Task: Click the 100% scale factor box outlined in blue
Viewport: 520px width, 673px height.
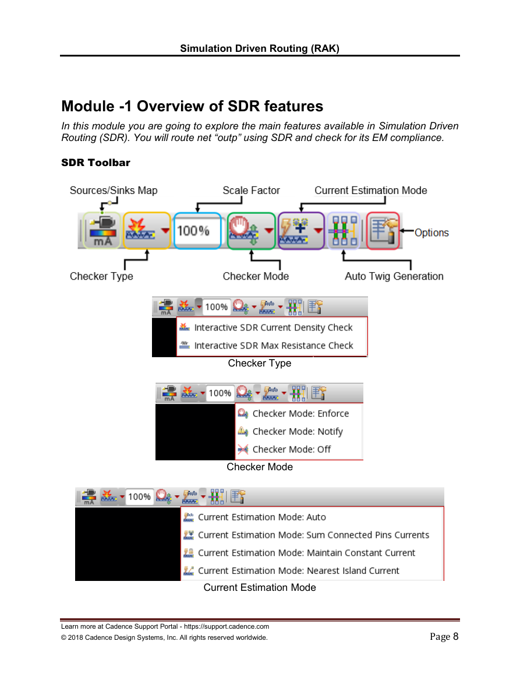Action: click(197, 231)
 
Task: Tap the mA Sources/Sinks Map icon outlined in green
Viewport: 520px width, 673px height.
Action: click(102, 231)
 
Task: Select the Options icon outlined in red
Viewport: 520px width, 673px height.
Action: click(383, 231)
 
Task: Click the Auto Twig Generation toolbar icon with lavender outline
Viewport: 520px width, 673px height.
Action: click(343, 231)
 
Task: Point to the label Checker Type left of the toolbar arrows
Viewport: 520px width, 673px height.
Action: click(101, 276)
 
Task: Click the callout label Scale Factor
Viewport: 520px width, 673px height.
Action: click(251, 190)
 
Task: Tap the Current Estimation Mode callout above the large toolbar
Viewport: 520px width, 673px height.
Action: click(371, 190)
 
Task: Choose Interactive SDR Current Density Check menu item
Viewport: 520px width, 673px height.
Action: click(273, 327)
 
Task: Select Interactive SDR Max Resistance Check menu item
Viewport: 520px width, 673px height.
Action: click(274, 346)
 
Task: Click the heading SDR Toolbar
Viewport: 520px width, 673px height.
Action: click(95, 163)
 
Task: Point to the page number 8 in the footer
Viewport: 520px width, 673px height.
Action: click(455, 636)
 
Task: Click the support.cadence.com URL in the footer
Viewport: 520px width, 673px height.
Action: click(227, 626)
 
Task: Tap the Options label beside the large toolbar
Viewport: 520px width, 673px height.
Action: click(431, 232)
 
